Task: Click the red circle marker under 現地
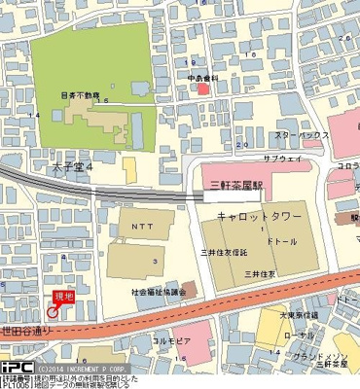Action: coord(53,312)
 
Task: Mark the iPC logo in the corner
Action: coord(16,368)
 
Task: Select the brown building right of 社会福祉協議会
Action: coord(188,289)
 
